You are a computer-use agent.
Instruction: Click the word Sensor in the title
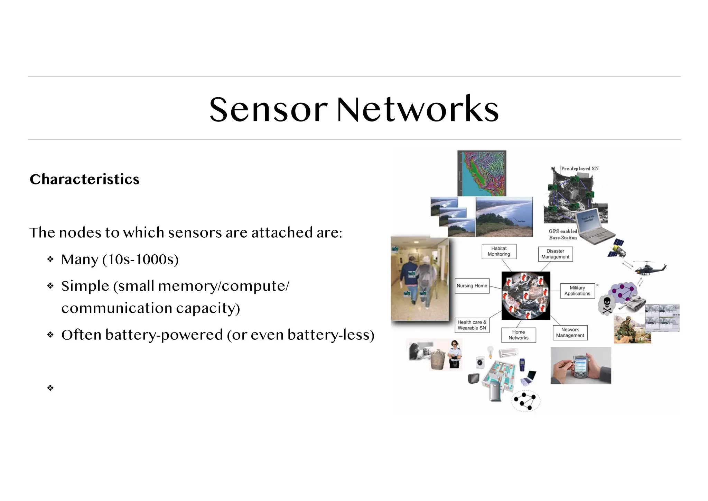pos(268,110)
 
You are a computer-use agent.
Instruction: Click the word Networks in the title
pos(418,110)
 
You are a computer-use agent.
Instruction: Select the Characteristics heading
pos(84,179)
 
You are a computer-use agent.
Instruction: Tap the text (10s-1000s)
pos(140,259)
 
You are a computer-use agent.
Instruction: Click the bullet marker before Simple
pos(50,286)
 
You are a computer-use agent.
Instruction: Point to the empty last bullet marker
pos(50,388)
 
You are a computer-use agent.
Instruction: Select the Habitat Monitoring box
pos(499,252)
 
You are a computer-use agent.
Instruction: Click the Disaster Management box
pos(555,254)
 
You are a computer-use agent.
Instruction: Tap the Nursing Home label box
pos(472,286)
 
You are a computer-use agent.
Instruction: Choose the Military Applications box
pos(577,291)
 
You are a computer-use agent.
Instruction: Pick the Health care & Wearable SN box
pos(472,325)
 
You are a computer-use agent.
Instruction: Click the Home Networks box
pos(518,335)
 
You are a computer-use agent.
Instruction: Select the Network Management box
pos(570,333)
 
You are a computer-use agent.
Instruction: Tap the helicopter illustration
pos(650,268)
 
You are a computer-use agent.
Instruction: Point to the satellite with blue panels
pos(617,248)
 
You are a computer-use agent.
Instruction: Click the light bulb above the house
pos(490,351)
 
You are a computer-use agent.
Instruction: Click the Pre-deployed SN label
pos(579,168)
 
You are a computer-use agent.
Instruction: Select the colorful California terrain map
pos(482,173)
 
